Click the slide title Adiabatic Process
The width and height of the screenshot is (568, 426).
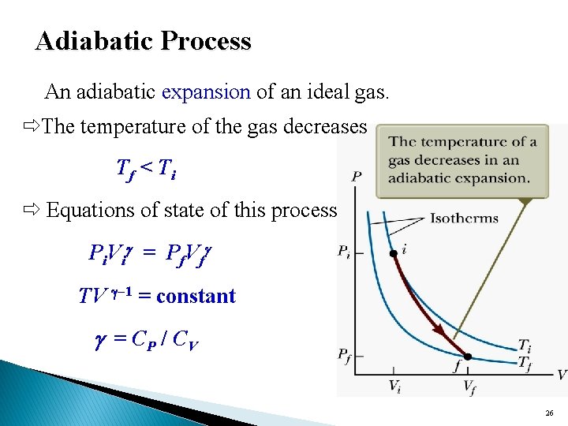click(143, 40)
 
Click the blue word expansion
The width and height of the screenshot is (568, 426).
click(206, 92)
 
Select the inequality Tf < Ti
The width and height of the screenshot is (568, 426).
click(146, 167)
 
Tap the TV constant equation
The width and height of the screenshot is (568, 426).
click(157, 296)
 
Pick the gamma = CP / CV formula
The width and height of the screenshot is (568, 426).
click(146, 341)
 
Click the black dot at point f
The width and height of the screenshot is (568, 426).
click(467, 357)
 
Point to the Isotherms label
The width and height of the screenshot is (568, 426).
click(464, 218)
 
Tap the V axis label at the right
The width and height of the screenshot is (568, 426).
click(561, 374)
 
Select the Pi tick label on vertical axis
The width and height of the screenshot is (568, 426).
click(346, 252)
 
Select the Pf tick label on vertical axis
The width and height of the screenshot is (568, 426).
click(346, 357)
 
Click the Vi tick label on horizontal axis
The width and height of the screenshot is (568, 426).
click(394, 386)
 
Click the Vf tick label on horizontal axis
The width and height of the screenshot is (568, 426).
click(468, 386)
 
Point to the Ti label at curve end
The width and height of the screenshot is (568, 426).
click(525, 345)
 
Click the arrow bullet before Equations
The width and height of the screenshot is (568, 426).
click(31, 211)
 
